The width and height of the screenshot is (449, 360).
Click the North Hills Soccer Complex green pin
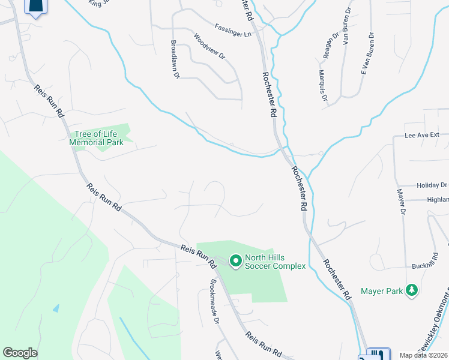click(x=235, y=260)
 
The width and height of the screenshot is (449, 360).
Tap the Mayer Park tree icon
click(x=412, y=290)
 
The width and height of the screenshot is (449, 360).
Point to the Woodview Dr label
click(x=209, y=46)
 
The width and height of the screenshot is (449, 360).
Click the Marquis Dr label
click(x=322, y=85)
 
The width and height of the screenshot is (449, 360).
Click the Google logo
click(x=20, y=353)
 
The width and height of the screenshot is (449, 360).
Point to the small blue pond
click(x=56, y=308)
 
